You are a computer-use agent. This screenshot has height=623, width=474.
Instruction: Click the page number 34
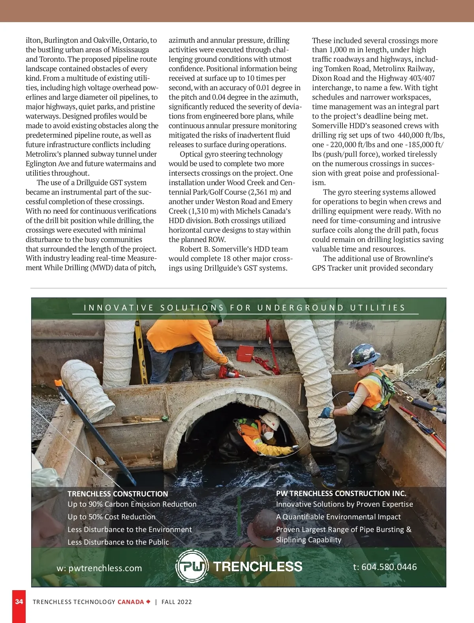click(x=19, y=602)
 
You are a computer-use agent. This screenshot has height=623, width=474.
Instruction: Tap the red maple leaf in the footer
click(x=149, y=602)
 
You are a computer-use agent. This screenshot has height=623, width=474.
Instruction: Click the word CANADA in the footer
click(x=131, y=602)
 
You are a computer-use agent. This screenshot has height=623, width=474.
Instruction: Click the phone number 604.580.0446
click(x=389, y=567)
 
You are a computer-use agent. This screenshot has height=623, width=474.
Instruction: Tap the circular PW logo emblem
click(x=192, y=566)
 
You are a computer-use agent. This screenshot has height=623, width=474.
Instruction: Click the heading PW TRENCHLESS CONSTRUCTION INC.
click(x=341, y=493)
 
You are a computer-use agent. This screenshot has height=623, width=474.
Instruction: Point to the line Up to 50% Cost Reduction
click(x=111, y=517)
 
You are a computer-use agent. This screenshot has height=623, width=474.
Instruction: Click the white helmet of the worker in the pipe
click(x=270, y=420)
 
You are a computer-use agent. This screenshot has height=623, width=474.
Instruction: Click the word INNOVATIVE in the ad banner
click(x=119, y=308)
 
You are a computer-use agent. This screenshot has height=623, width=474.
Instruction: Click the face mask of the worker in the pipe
click(x=268, y=435)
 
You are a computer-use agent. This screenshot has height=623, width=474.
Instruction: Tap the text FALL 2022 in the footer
click(x=177, y=602)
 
